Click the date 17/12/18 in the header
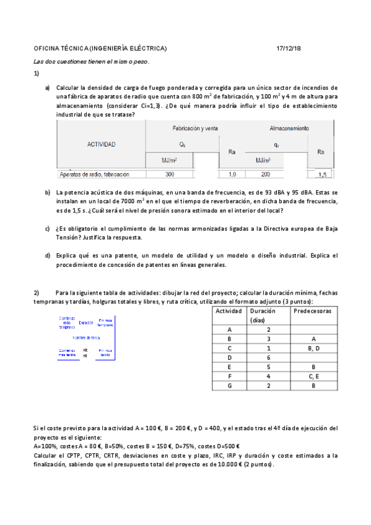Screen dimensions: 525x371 tap(289, 48)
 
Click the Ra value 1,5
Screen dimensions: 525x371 tap(322, 175)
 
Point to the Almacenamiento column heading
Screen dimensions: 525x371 tap(289, 128)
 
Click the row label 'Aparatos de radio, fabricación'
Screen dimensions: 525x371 tap(94, 175)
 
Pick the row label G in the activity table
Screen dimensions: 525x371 tap(229, 385)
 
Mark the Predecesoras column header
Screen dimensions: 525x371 tap(312, 311)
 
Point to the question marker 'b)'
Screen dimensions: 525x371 tap(48, 193)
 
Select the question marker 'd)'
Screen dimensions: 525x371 tap(48, 255)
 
